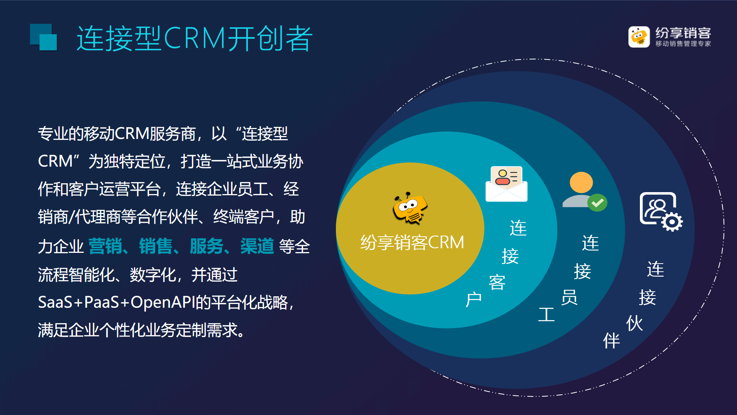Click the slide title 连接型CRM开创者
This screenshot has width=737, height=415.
tap(195, 38)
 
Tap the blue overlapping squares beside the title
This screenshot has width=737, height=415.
tap(43, 37)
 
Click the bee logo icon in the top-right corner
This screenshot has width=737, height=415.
tap(639, 37)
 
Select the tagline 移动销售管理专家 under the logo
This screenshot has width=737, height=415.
tap(683, 44)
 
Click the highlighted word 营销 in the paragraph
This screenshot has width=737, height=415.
tap(106, 246)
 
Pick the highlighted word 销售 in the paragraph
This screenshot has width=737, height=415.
tap(156, 246)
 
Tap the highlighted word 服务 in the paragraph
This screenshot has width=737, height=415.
tap(207, 246)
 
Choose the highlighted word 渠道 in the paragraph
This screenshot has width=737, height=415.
tap(257, 246)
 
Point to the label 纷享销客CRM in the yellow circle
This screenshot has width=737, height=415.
tap(412, 242)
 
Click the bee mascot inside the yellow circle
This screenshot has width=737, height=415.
tap(410, 208)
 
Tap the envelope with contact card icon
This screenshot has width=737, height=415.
tap(506, 184)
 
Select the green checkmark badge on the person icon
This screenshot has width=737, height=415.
tap(597, 203)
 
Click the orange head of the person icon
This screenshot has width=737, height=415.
tap(581, 182)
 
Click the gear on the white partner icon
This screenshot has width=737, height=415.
tap(672, 222)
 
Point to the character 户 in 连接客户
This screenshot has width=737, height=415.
tap(474, 299)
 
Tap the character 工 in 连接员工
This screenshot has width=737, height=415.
tap(546, 314)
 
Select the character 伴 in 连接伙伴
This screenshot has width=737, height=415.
tap(611, 340)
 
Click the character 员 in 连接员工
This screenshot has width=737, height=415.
tap(569, 297)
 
